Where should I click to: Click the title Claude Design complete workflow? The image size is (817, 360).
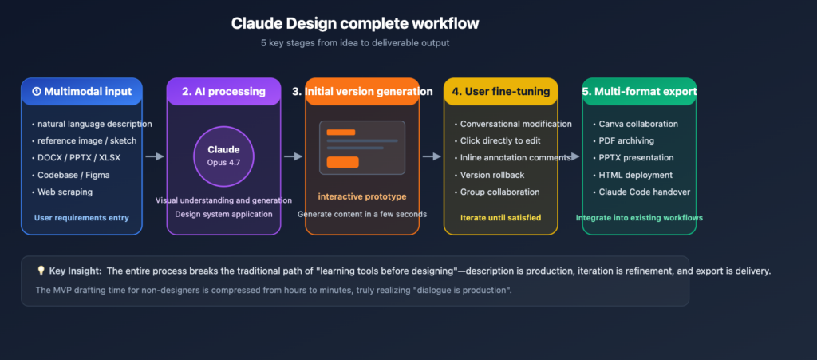point(356,23)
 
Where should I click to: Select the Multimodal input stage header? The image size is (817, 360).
point(81,91)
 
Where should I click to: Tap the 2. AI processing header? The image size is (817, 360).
point(223,91)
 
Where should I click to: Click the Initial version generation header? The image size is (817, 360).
point(362,91)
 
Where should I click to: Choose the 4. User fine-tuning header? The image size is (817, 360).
point(500,91)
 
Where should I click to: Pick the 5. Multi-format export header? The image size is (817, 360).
point(639,91)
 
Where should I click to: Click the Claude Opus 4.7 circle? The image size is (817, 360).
point(223,156)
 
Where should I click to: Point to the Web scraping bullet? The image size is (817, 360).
point(65,192)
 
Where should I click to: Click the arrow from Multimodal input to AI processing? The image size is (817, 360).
point(154,156)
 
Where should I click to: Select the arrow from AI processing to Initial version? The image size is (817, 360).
point(293,156)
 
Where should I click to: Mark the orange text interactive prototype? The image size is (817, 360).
point(361,196)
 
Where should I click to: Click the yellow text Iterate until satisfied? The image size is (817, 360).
point(500,217)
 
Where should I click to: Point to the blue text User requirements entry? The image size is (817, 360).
point(81,217)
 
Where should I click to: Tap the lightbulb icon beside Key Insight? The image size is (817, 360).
point(41,271)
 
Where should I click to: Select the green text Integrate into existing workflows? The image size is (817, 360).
point(639,217)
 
